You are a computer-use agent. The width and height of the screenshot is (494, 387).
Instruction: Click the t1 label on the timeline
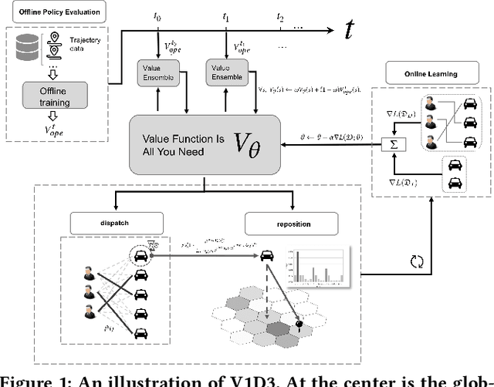pyautogui.click(x=225, y=15)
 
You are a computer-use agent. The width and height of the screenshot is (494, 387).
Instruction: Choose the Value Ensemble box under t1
pyautogui.click(x=225, y=71)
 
